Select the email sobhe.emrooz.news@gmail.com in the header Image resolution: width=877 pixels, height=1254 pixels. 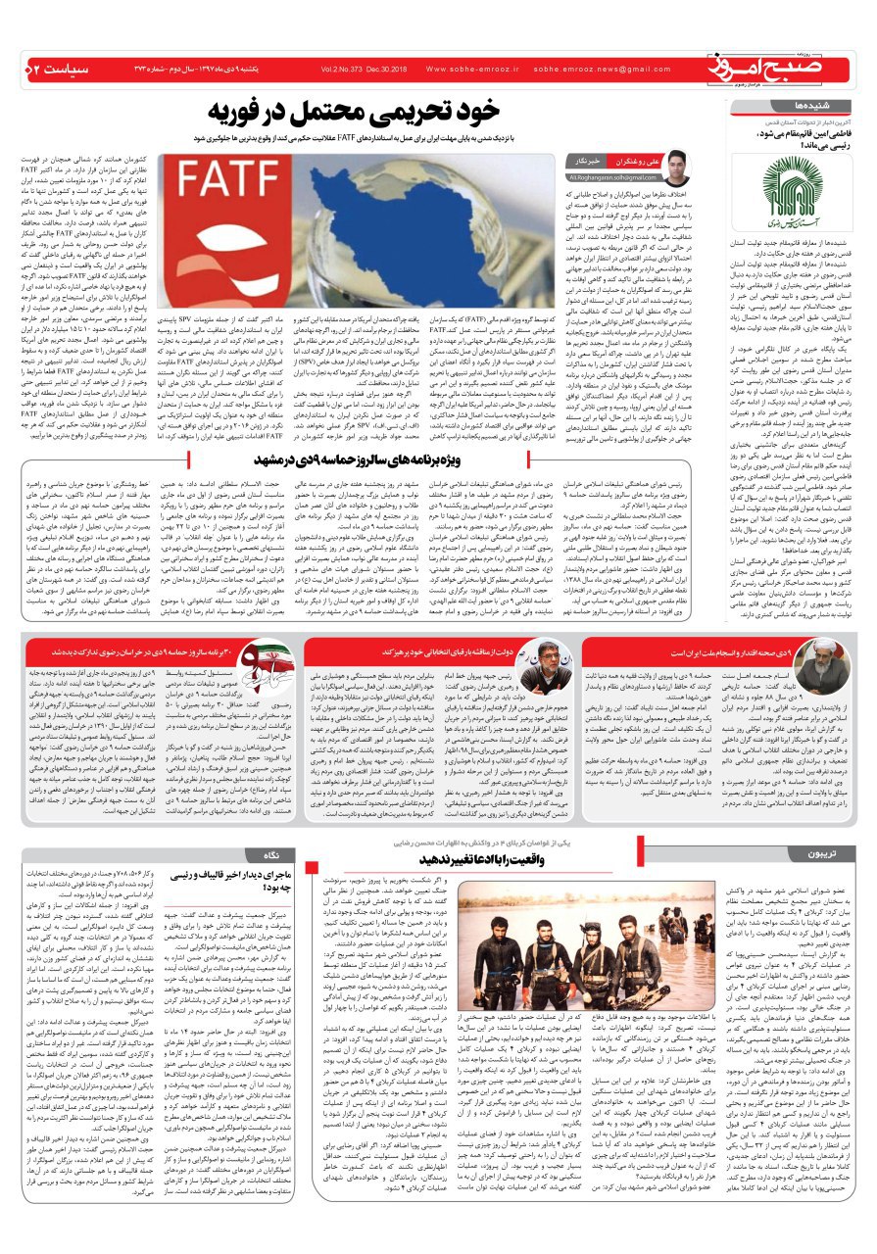coord(602,70)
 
